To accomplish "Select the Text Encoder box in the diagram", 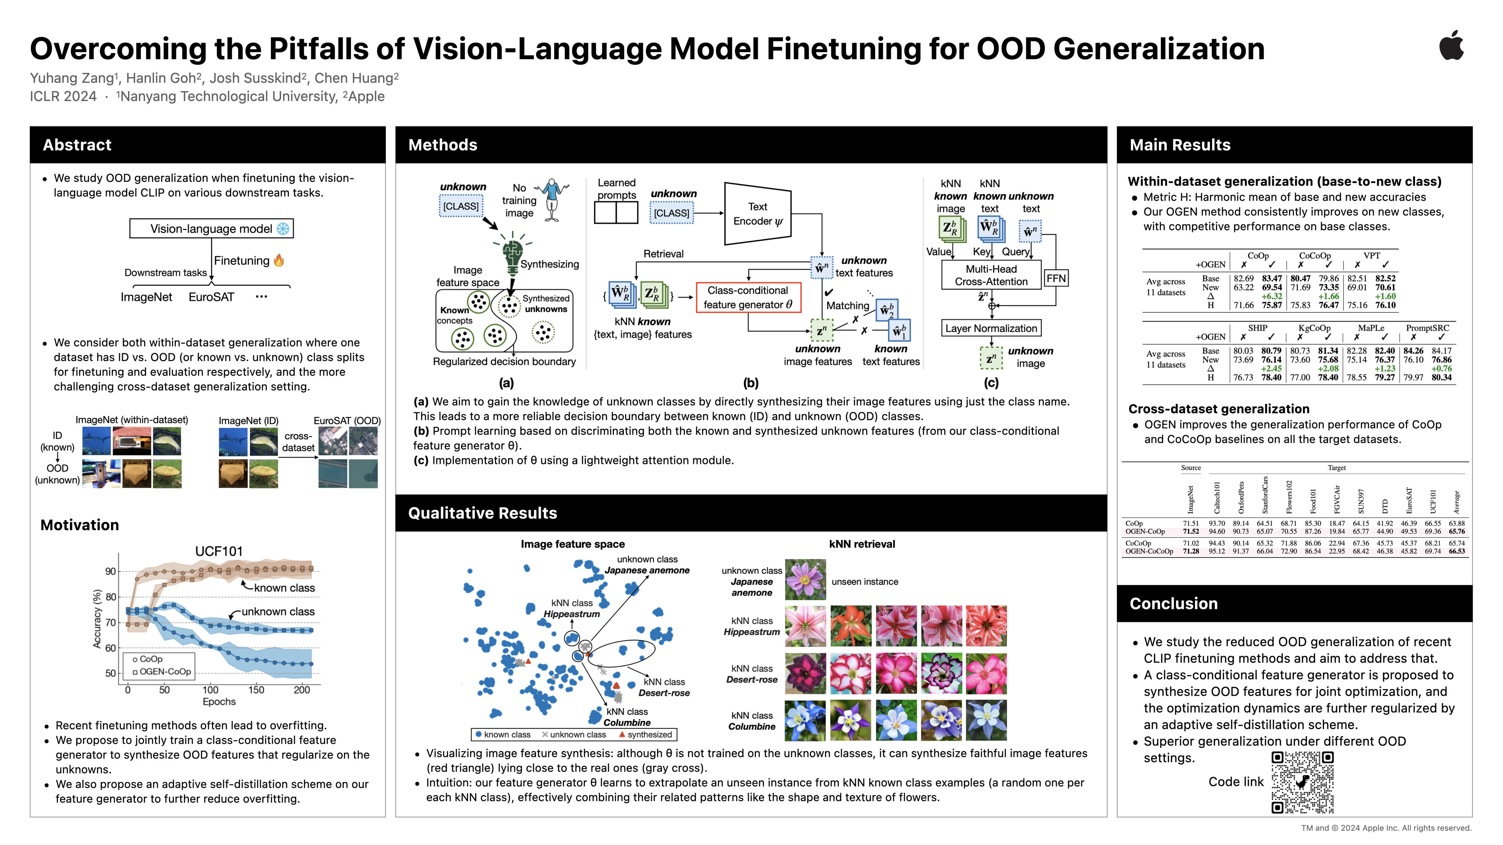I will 757,214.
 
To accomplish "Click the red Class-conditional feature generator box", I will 748,298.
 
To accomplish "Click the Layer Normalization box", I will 991,328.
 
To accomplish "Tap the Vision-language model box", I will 211,229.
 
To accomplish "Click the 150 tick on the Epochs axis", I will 256,690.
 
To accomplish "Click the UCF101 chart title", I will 219,551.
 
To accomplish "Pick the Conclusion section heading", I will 1173,604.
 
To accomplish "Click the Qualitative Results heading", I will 483,513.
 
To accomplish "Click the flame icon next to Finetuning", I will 279,260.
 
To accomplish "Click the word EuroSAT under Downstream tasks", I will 211,297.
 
